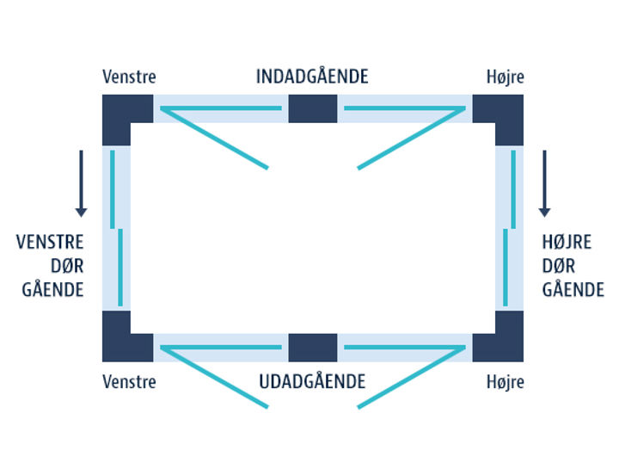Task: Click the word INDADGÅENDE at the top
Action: (x=312, y=77)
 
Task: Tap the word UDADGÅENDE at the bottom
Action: (x=312, y=381)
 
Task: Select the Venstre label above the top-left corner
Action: (x=129, y=77)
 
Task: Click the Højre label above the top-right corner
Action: (x=505, y=77)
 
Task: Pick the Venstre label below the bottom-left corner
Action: (x=129, y=381)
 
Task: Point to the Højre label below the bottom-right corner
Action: (x=505, y=381)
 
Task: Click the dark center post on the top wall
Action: (x=312, y=108)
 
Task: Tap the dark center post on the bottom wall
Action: (x=312, y=348)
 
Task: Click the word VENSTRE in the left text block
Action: (x=50, y=242)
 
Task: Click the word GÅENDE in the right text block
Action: (x=573, y=290)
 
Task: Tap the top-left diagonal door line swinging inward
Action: (x=215, y=138)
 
